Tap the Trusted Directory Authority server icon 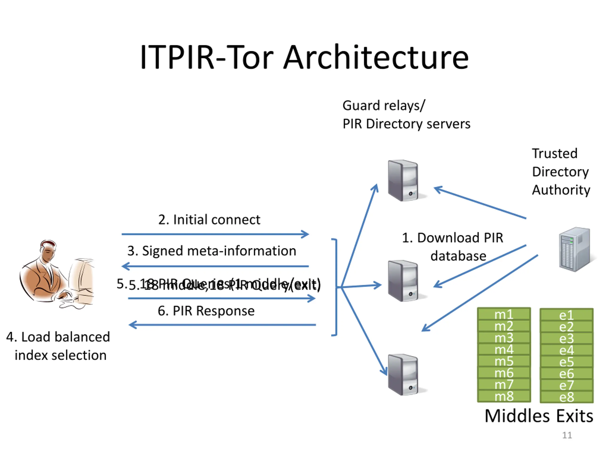click(575, 249)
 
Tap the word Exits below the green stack click(575, 416)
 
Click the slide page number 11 click(567, 435)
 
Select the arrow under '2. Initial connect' click(215, 234)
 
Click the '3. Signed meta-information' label click(211, 251)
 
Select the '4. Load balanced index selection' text click(58, 346)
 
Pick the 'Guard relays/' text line click(384, 105)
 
